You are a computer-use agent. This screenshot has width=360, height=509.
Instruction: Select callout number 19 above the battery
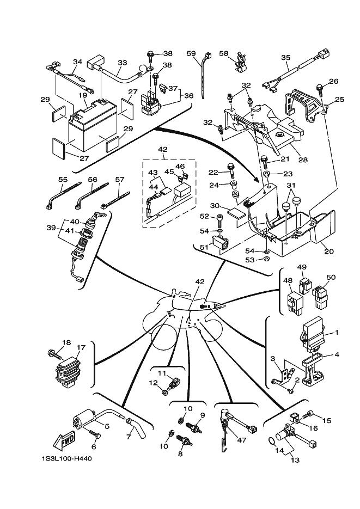click(x=83, y=95)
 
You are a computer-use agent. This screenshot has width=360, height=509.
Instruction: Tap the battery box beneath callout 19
click(x=90, y=131)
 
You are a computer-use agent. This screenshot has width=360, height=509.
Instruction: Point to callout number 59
click(x=191, y=53)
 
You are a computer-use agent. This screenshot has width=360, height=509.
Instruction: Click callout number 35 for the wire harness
click(x=286, y=58)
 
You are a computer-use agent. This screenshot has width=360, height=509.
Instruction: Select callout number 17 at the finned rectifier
click(x=81, y=347)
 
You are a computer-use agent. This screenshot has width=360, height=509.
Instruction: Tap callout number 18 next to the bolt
click(x=66, y=342)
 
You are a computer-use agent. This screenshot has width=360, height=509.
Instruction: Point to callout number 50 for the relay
click(x=331, y=278)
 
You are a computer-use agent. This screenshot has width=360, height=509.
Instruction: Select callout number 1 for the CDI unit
click(x=337, y=332)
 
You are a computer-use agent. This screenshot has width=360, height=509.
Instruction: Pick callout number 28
click(x=303, y=160)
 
